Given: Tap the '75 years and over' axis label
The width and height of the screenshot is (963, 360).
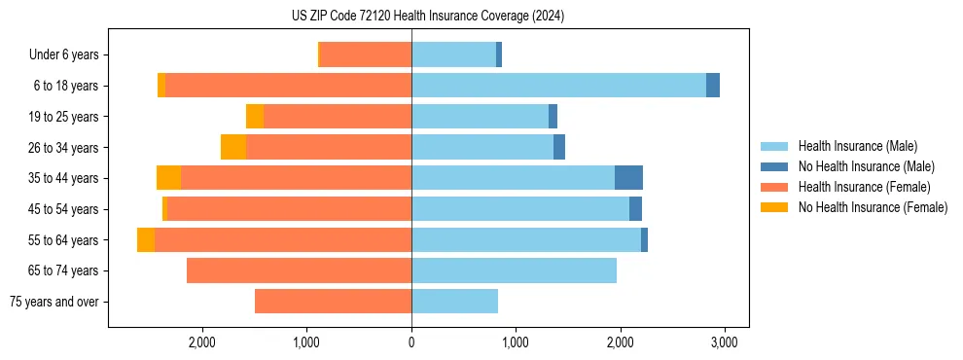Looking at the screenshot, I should tap(53, 302).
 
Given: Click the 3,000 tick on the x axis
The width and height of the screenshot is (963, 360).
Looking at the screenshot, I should tap(723, 342).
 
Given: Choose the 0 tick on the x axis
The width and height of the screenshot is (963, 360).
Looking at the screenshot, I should tap(411, 342).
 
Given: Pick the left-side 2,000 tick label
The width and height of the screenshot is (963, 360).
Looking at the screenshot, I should tap(201, 342).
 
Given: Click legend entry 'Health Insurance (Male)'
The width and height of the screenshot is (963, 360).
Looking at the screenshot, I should tap(857, 146).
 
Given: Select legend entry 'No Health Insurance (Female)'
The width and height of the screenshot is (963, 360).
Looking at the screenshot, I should tap(873, 207).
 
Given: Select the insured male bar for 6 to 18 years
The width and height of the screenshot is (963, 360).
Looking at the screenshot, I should tap(558, 86).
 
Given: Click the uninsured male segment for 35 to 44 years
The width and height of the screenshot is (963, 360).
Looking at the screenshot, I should tap(628, 178).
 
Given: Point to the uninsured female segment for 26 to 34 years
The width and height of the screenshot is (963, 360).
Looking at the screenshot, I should tap(233, 147).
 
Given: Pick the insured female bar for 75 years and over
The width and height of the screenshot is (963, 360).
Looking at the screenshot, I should tap(333, 302).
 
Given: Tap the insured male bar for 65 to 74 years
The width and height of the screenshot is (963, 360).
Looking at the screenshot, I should tap(514, 270).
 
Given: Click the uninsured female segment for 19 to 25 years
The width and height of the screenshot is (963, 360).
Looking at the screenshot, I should tap(255, 117).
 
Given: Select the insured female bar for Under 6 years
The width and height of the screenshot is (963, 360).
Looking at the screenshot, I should tap(366, 54).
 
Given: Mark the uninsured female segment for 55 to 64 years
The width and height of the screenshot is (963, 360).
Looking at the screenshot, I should tap(146, 239).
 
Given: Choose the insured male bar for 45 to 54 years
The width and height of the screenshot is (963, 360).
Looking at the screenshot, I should tap(520, 209).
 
